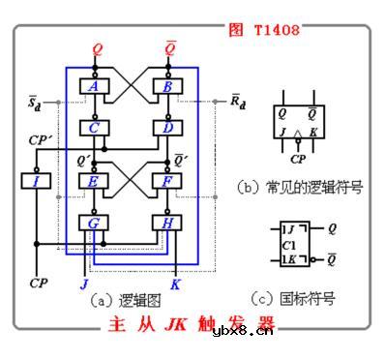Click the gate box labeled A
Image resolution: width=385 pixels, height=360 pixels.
(x=94, y=86)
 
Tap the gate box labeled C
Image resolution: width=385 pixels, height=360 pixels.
(x=94, y=127)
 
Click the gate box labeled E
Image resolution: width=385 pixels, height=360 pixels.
(x=94, y=179)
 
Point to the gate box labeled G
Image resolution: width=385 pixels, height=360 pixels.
(x=94, y=223)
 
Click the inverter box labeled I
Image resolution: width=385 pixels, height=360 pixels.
(x=36, y=180)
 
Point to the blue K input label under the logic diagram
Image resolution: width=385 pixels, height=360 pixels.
(x=175, y=285)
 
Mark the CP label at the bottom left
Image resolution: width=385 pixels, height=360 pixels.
(x=38, y=284)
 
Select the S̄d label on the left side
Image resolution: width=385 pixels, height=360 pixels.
(x=35, y=101)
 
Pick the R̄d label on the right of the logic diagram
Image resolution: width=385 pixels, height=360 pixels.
(x=238, y=101)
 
